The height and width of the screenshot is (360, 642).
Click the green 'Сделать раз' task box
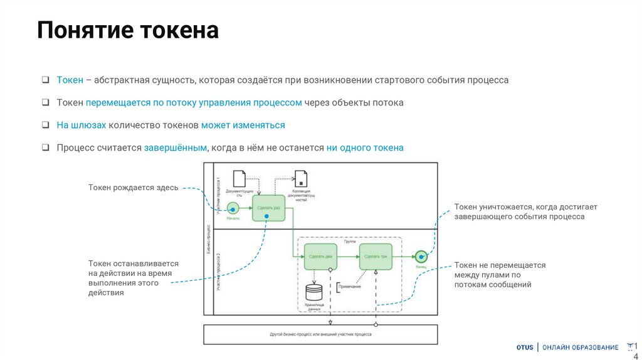[268, 207]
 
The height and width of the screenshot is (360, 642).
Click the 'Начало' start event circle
[233, 208]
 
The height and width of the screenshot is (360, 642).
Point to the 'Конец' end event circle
[421, 256]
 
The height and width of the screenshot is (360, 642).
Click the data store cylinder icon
[313, 292]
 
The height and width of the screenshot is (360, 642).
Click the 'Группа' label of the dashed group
[350, 241]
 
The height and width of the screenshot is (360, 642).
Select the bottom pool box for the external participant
[320, 334]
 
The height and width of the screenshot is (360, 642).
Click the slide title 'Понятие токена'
[127, 30]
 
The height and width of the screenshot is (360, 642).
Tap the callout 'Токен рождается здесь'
[133, 188]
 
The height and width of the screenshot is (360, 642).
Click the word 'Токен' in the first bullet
[70, 80]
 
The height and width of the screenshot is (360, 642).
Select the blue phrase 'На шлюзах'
[81, 125]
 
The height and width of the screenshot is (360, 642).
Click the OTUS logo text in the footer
[525, 347]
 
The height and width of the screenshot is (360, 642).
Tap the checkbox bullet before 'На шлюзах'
[46, 125]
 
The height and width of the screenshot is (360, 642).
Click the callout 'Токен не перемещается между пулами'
[500, 275]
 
